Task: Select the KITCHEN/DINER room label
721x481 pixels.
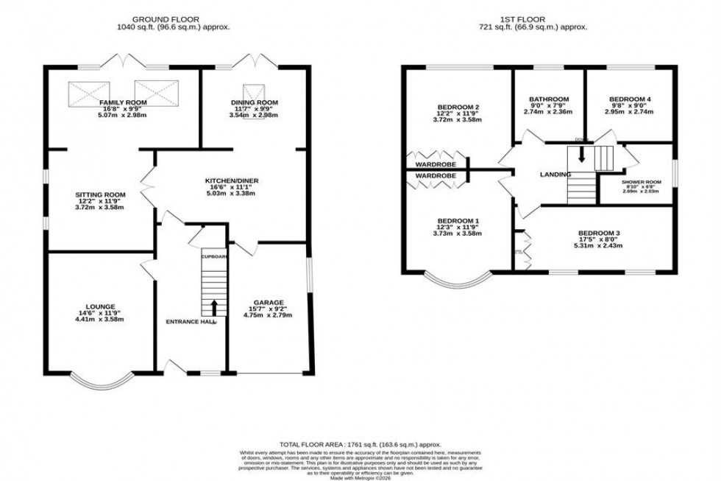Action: tap(232, 180)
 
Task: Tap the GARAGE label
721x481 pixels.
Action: tap(269, 302)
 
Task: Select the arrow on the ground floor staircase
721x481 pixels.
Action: tap(214, 306)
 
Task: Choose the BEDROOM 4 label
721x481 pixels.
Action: tap(629, 99)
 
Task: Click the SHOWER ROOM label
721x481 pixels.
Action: tap(641, 181)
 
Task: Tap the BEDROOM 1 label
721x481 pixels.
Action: tap(458, 221)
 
